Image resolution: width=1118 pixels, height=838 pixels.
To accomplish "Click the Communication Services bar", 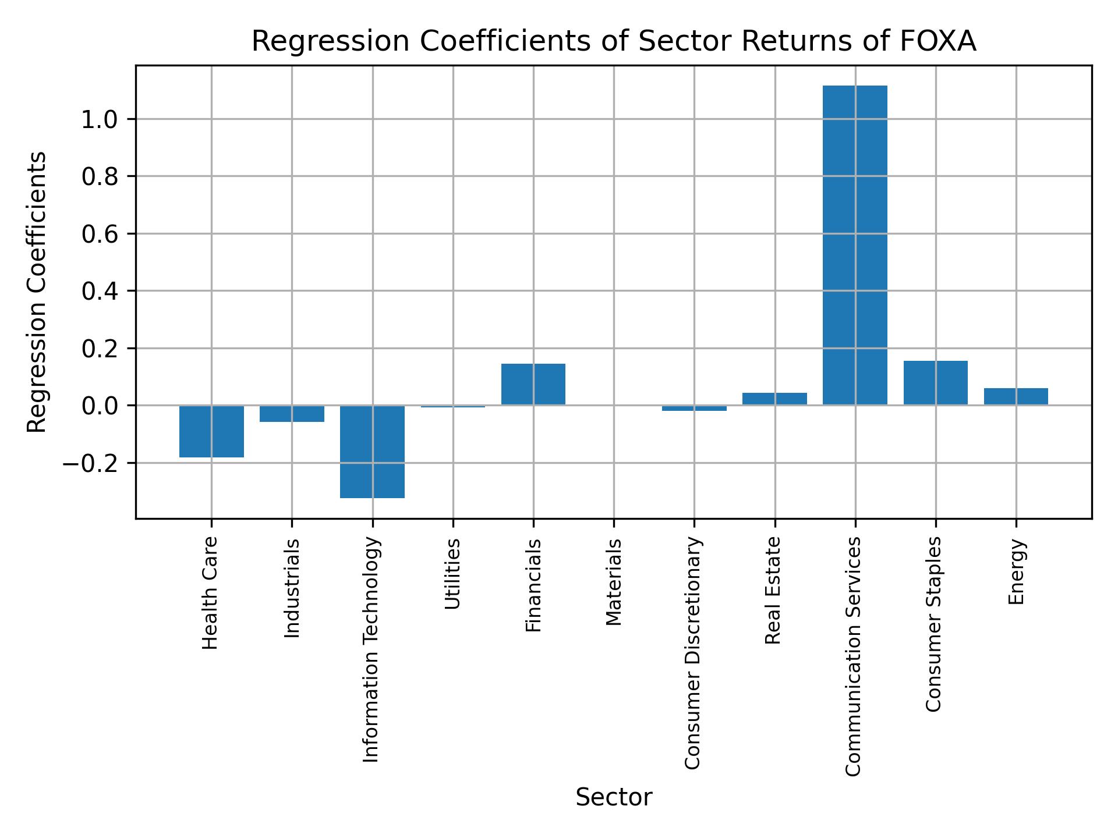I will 854,244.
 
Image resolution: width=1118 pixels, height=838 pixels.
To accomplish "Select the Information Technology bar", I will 372,451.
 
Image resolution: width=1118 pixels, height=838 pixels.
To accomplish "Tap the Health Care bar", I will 211,431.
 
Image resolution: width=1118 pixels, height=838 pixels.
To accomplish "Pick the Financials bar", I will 533,384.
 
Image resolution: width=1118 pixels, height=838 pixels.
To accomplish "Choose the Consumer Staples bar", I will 935,382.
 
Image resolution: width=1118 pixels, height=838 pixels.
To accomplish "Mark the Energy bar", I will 1016,396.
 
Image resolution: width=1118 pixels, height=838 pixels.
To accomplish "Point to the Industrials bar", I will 292,413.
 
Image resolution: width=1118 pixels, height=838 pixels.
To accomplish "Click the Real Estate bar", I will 774,399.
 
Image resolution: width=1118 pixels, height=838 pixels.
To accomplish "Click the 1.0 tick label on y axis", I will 100,119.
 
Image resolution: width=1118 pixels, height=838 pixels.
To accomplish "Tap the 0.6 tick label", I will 100,234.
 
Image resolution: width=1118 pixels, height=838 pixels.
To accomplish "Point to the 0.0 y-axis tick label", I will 100,406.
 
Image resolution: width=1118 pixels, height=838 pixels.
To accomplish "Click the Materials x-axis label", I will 614,582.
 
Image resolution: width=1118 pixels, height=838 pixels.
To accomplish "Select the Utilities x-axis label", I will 453,574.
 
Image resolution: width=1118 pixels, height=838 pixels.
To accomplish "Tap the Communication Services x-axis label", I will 853,656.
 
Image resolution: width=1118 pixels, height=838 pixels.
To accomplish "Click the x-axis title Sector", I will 614,797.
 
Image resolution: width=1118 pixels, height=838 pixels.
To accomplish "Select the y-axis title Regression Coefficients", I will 37,292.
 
